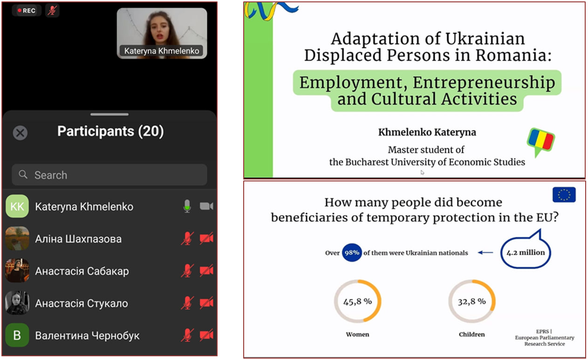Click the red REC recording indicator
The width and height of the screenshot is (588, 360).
pyautogui.click(x=26, y=11)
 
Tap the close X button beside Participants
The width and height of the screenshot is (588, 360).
pyautogui.click(x=20, y=133)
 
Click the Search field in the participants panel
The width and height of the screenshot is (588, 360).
pyautogui.click(x=109, y=175)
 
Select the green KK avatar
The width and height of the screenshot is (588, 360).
pyautogui.click(x=17, y=206)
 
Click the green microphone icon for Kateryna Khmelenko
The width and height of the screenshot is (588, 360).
pyautogui.click(x=187, y=206)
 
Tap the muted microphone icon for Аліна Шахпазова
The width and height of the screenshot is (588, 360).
pyautogui.click(x=187, y=238)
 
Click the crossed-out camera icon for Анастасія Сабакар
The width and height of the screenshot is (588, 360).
pyautogui.click(x=206, y=270)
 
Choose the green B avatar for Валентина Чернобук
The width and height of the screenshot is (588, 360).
pyautogui.click(x=17, y=335)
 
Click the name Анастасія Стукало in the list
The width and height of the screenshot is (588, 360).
pyautogui.click(x=82, y=303)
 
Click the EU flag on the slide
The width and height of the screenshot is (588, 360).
pyautogui.click(x=564, y=195)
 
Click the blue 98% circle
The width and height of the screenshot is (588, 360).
pyautogui.click(x=352, y=253)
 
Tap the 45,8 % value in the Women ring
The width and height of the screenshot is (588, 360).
pyautogui.click(x=357, y=301)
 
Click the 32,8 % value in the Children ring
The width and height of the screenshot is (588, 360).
pyautogui.click(x=472, y=301)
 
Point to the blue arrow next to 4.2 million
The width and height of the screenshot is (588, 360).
pyautogui.click(x=485, y=253)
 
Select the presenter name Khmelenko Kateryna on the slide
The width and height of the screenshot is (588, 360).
pyautogui.click(x=427, y=132)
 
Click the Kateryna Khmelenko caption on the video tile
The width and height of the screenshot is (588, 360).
pyautogui.click(x=161, y=51)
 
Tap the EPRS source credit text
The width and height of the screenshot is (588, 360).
pyautogui.click(x=544, y=338)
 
